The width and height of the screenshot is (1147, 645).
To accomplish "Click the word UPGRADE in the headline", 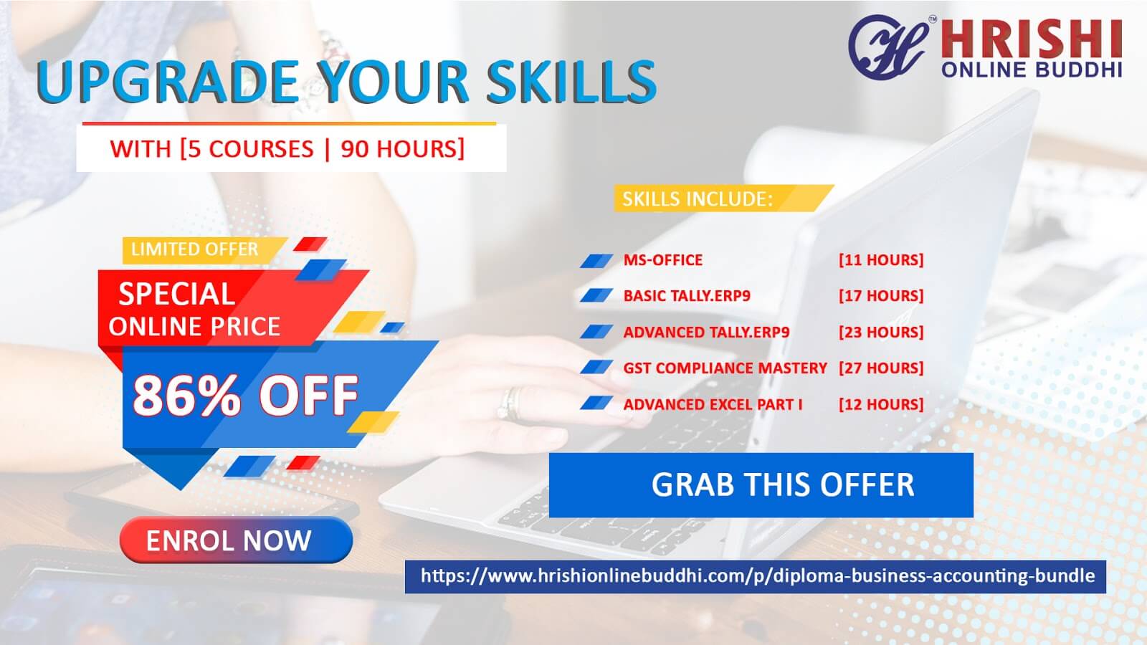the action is [x=168, y=82].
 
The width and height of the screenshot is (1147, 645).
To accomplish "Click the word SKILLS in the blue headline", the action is [x=571, y=82].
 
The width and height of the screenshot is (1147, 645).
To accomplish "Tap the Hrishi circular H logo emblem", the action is [x=888, y=47].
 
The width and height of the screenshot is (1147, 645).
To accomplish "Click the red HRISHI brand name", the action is [x=1032, y=39].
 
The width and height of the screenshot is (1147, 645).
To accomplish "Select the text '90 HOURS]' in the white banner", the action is [x=402, y=149].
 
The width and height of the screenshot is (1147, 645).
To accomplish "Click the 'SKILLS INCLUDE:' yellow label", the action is [x=723, y=198].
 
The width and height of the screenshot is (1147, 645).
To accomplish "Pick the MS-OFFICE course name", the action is [x=662, y=260].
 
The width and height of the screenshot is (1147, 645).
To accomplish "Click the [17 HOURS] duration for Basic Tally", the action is [x=881, y=296].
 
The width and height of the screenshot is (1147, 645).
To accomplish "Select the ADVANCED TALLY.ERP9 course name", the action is [x=706, y=333].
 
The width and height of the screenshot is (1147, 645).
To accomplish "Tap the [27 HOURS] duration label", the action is [x=881, y=368].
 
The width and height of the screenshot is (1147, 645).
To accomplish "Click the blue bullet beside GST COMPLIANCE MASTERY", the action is [x=596, y=367].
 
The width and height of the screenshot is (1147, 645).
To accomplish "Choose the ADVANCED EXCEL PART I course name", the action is [x=713, y=404].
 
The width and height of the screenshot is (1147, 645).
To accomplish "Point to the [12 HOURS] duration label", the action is [x=881, y=404].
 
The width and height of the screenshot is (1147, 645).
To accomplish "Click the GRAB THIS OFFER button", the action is [x=761, y=484].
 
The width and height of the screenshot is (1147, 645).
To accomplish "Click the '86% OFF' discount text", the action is [x=245, y=395].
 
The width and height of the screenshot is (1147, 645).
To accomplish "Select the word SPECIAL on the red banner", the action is [x=176, y=294].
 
